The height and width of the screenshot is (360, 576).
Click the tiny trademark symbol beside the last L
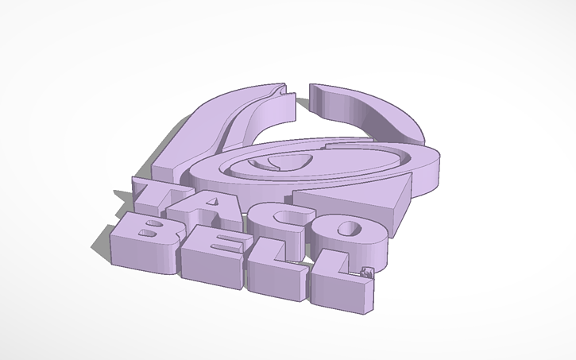click(366, 273)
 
